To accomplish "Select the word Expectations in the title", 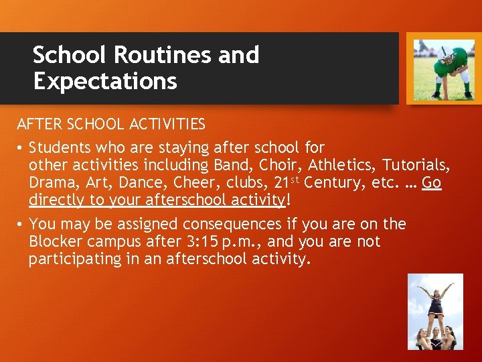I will [x=105, y=81].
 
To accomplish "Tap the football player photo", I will [x=444, y=69].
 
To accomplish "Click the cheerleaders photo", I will [x=435, y=312].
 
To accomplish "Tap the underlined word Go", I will [x=432, y=183].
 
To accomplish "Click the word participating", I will [x=73, y=259].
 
